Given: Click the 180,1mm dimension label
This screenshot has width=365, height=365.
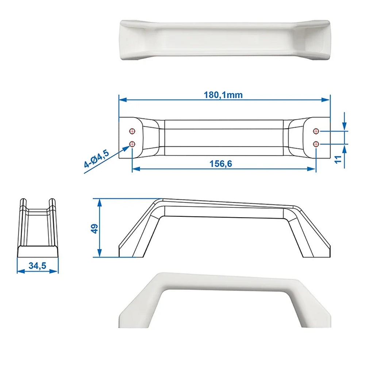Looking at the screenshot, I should [223, 95].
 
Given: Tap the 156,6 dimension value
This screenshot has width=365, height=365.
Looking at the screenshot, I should [220, 164].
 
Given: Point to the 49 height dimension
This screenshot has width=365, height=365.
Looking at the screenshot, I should [95, 229].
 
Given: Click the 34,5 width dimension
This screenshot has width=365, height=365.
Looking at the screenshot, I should [37, 266].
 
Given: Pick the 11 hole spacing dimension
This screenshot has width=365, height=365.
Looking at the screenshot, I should [338, 160].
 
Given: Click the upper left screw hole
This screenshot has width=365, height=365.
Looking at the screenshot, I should [132, 131].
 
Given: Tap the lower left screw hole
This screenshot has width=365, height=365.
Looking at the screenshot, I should [132, 143].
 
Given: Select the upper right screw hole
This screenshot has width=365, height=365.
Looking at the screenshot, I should [316, 131].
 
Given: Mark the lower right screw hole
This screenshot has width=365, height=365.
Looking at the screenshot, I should [316, 144].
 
